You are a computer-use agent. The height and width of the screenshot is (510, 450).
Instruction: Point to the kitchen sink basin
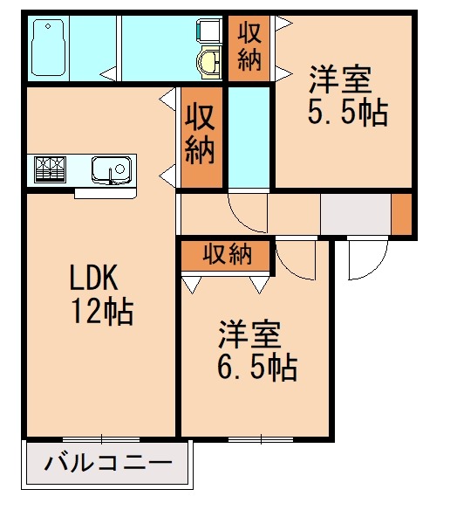click(x=110, y=168)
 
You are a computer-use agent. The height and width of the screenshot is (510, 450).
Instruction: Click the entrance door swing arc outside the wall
click(x=364, y=262)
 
